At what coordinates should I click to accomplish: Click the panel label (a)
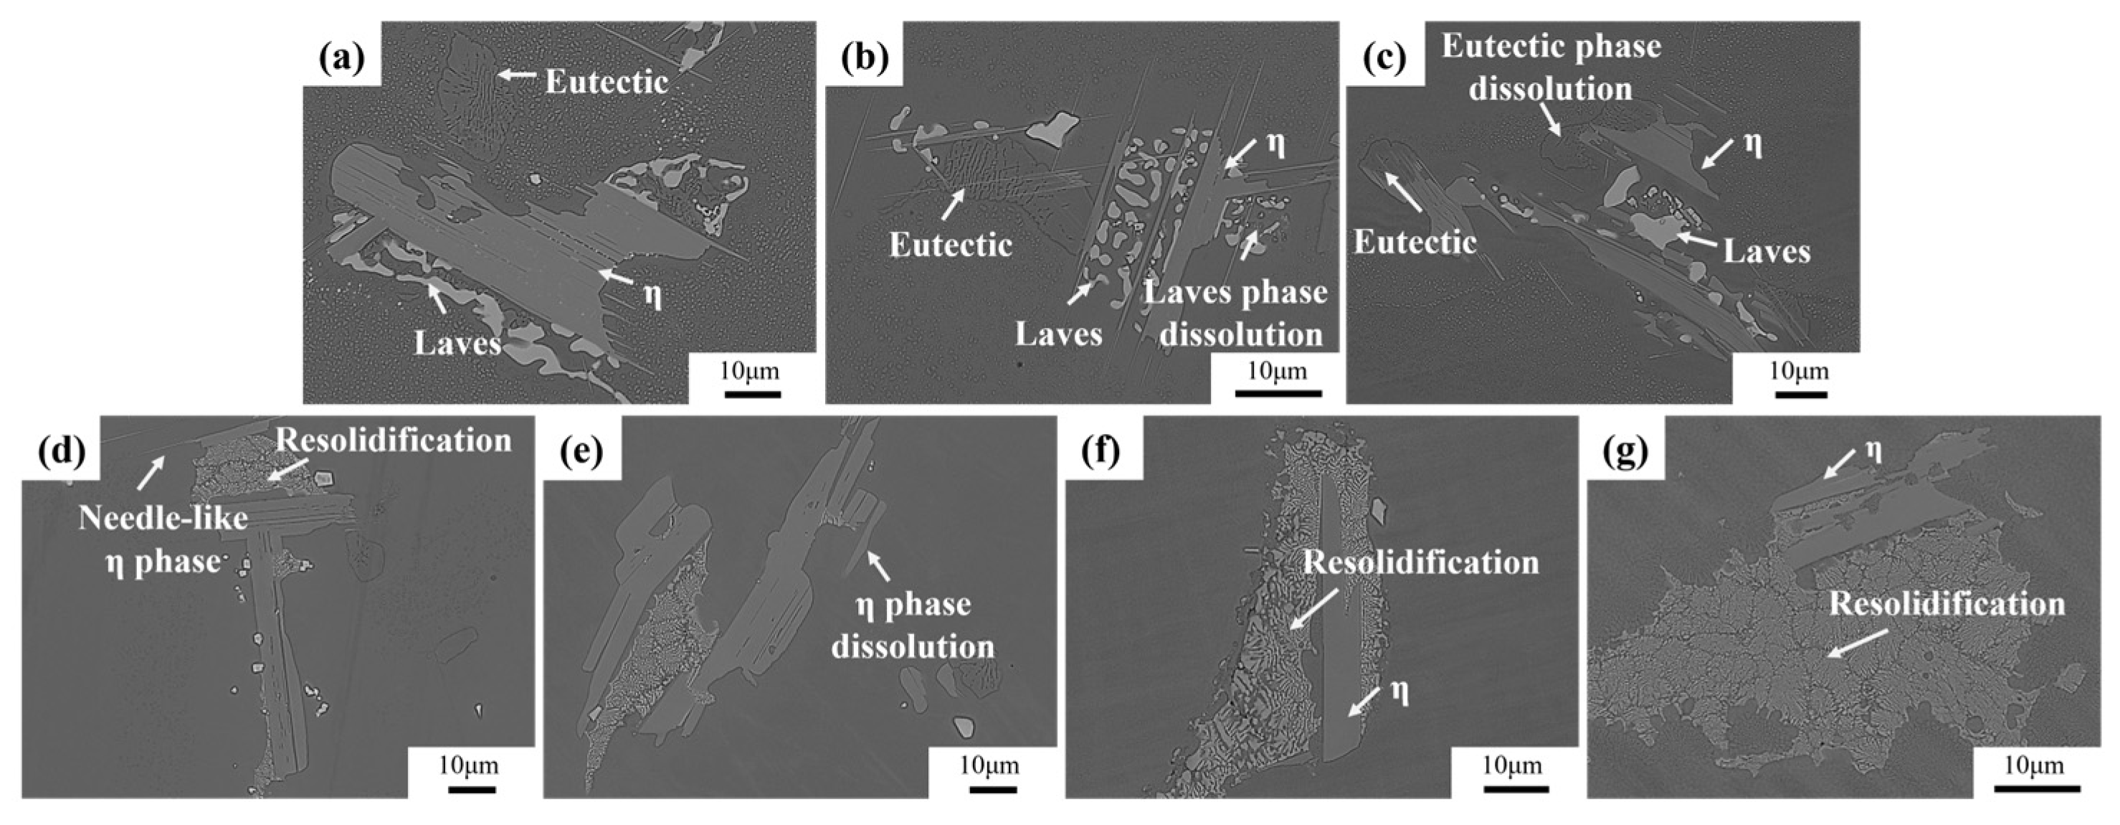tap(341, 60)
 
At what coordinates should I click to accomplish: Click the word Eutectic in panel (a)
tap(607, 82)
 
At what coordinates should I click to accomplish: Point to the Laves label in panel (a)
tap(457, 342)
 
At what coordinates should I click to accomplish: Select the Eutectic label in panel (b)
tap(951, 245)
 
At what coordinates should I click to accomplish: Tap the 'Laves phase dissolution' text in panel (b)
tap(1236, 313)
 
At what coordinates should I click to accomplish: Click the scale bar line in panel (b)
tap(1278, 394)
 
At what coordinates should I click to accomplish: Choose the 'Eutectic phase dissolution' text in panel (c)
tap(1551, 67)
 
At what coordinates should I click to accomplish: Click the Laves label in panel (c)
tap(1767, 251)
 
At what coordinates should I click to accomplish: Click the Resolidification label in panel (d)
tap(394, 440)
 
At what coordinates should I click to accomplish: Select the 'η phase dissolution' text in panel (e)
tap(913, 625)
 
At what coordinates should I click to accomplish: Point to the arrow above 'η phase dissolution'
tap(878, 565)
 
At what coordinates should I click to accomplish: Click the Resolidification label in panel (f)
tap(1421, 562)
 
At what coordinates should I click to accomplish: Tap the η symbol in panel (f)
tap(1399, 692)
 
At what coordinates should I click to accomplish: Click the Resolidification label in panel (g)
tap(1947, 603)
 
